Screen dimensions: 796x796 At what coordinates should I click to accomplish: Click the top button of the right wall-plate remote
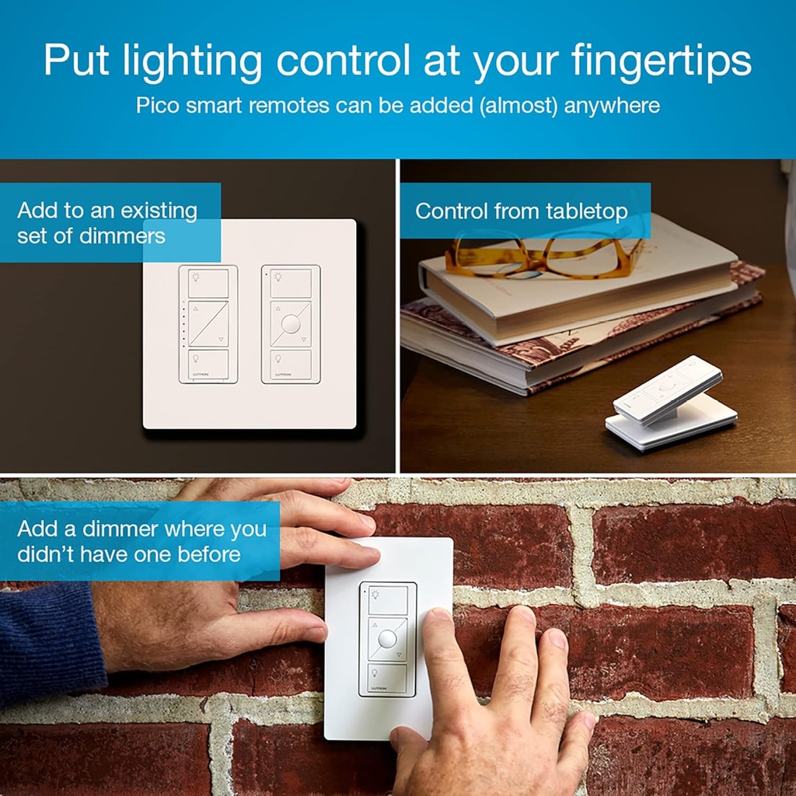click(292, 283)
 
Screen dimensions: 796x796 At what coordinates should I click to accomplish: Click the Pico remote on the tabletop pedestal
click(667, 389)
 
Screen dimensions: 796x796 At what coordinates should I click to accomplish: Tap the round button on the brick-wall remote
click(387, 639)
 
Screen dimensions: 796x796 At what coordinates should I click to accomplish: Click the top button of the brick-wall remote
click(387, 600)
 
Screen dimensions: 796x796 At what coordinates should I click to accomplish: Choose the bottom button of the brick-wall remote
click(386, 677)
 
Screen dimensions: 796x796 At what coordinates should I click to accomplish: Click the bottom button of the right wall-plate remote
click(292, 365)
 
